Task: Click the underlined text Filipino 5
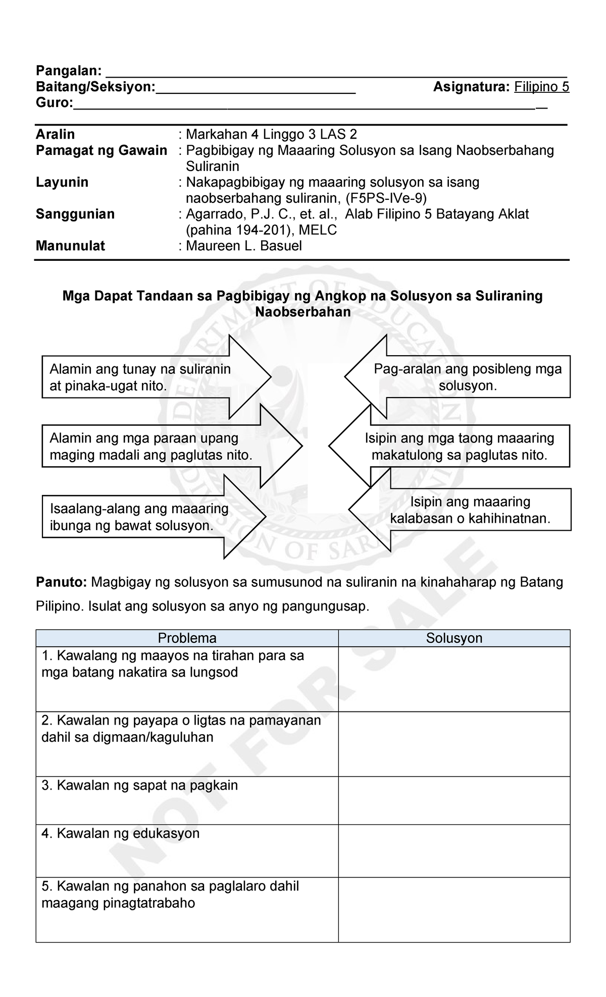coord(541,87)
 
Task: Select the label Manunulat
coord(70,246)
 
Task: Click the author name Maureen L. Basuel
coord(244,246)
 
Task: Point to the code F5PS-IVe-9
coord(387,198)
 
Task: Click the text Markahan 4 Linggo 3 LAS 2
coord(271,135)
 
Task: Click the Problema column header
coord(187,638)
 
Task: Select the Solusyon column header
coord(454,638)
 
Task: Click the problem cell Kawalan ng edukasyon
coord(187,851)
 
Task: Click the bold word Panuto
coord(61,583)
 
